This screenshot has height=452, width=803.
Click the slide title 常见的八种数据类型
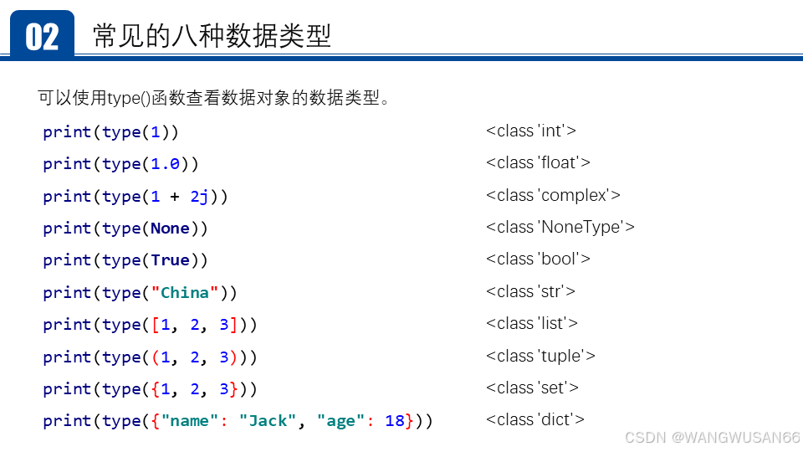(212, 36)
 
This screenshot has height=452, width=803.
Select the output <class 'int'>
(530, 131)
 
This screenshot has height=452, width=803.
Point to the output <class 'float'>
(538, 162)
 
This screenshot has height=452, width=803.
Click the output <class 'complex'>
(553, 195)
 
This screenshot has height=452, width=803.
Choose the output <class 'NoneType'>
(560, 227)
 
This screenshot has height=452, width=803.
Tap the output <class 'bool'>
(538, 259)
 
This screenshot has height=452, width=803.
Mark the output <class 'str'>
(530, 291)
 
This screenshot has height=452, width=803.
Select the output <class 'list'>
(531, 323)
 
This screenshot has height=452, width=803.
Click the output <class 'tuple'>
(540, 356)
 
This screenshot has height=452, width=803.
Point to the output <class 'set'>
(532, 388)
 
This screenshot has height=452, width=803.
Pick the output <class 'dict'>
(534, 419)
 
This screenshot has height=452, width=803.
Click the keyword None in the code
(170, 229)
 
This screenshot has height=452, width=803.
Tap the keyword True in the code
(170, 260)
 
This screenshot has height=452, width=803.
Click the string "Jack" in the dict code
(268, 421)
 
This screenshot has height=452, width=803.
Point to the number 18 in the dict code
(395, 421)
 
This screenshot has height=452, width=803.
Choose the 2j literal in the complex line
(199, 197)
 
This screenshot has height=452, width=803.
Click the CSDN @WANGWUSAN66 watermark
(712, 438)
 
